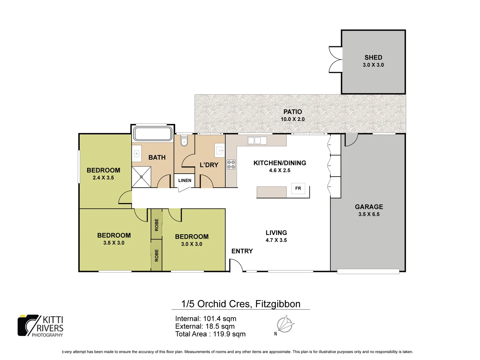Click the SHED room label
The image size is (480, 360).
pos(373,58)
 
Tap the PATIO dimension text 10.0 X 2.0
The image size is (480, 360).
pos(292,119)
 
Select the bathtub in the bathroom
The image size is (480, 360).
pos(153,134)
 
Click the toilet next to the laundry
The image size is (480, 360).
pos(184,141)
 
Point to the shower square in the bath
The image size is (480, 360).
pos(141,177)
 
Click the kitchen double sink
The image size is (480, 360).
pos(257,140)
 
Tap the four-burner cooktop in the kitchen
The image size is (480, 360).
pos(231,164)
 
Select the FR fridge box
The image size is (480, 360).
pos(298,188)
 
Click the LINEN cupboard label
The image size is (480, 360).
pos(185,180)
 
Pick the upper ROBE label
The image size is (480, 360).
pos(157,225)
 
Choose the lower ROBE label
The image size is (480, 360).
pos(157,255)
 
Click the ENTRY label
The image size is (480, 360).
pos(242,251)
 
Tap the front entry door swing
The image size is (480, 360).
pos(236,266)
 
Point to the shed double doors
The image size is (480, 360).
pos(335,60)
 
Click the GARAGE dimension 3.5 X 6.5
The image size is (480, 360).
pos(369,214)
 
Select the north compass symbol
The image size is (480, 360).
pos(285,324)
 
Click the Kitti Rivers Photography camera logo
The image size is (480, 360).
pos(28,325)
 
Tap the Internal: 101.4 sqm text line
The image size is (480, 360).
pos(206,319)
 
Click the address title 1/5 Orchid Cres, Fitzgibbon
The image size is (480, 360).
pos(241,304)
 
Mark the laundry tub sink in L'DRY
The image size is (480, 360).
pos(220,150)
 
